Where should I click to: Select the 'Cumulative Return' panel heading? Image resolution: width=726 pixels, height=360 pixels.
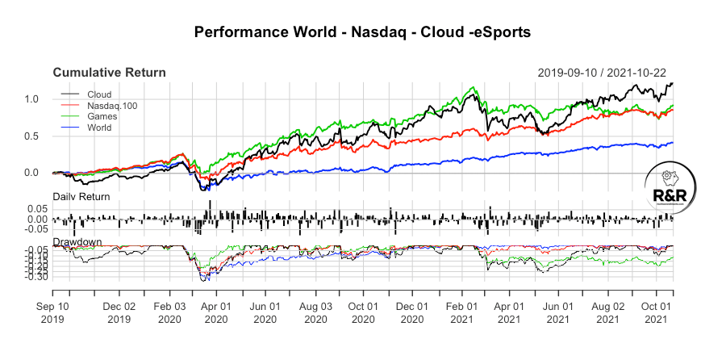click(x=110, y=73)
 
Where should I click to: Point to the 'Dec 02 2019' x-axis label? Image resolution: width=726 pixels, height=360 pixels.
click(x=119, y=313)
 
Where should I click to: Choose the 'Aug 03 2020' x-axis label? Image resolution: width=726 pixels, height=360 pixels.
click(x=315, y=313)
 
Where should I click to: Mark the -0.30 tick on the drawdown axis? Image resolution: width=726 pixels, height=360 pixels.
click(x=37, y=277)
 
